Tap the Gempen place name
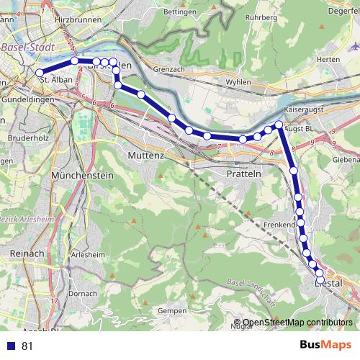169,310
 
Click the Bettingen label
180,12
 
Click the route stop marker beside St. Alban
40,73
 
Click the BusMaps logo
326,345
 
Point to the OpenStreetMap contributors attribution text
297,323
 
